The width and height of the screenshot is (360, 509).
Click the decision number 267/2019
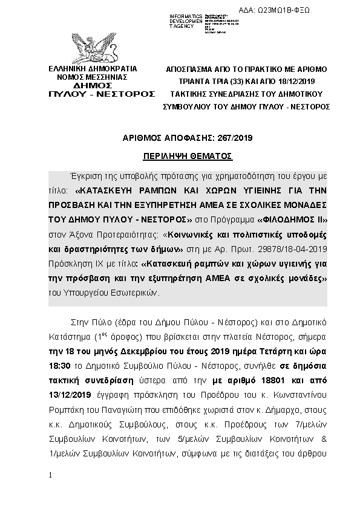click(x=234, y=138)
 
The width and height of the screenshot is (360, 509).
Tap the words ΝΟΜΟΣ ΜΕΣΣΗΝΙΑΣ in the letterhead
click(x=93, y=77)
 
